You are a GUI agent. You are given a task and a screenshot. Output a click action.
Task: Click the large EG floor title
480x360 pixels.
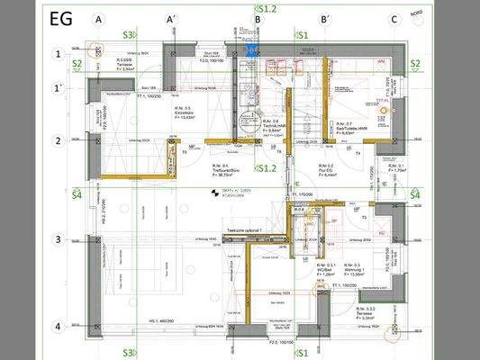[x=62, y=17]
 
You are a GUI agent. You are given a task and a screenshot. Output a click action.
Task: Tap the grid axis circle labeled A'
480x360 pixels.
[x=170, y=19]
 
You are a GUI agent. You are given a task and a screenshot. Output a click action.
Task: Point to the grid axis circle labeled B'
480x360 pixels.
[x=324, y=19]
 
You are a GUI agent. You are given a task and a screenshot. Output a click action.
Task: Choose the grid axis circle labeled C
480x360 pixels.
[x=394, y=19]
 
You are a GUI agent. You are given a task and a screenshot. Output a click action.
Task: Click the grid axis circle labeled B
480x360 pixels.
[x=258, y=19]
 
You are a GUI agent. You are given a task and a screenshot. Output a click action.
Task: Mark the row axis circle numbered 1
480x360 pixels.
[x=58, y=54]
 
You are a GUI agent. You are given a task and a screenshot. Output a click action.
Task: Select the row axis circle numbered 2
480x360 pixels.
[x=58, y=140]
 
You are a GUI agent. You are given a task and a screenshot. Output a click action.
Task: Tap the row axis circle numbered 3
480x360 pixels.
[x=58, y=239]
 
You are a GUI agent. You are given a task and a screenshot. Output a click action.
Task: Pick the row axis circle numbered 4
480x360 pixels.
[x=58, y=327]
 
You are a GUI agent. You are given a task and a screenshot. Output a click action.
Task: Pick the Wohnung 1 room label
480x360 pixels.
[x=364, y=270]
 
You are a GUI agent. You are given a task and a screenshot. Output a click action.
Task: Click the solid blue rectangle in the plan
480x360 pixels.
[x=254, y=50]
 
